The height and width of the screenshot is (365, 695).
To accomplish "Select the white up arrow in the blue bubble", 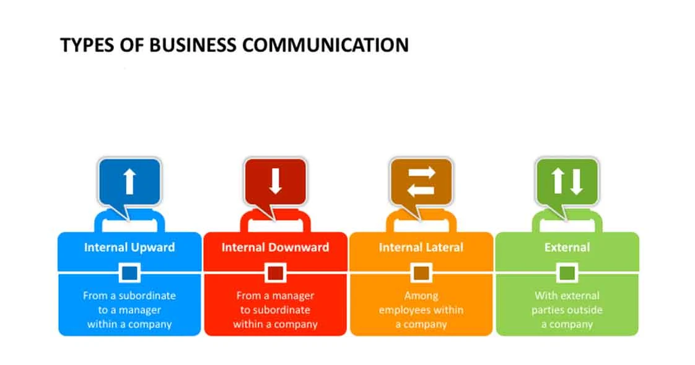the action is coord(129,182).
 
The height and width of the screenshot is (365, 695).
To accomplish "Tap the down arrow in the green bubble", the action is coord(576,182).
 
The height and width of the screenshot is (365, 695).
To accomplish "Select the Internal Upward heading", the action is coord(129,247).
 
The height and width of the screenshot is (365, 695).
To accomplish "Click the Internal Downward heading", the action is coord(275,247).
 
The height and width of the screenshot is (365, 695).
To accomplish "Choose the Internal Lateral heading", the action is coord(421,247).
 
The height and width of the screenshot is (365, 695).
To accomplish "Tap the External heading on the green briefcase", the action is coord(567,247).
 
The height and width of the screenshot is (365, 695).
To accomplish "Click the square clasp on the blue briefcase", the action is coord(129,272).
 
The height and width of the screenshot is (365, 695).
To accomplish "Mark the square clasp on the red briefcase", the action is coord(275,272).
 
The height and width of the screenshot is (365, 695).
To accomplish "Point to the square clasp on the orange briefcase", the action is coord(421,272).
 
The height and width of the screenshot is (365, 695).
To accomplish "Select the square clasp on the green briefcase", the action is coord(567,272).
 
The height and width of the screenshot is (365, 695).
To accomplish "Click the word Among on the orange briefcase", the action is coord(421,296).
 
